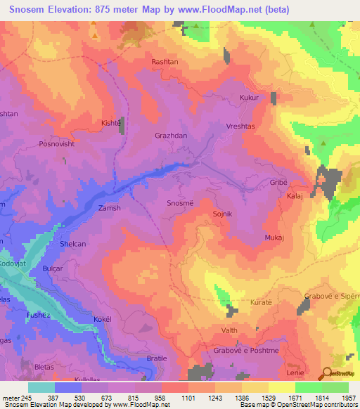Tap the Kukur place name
click(x=249, y=98)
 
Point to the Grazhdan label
click(x=170, y=135)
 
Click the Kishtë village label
click(x=111, y=122)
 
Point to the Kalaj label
click(x=295, y=197)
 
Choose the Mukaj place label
click(x=274, y=238)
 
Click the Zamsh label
click(x=109, y=209)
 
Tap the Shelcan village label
click(x=73, y=244)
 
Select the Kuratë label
click(x=261, y=302)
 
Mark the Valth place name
click(x=229, y=330)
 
